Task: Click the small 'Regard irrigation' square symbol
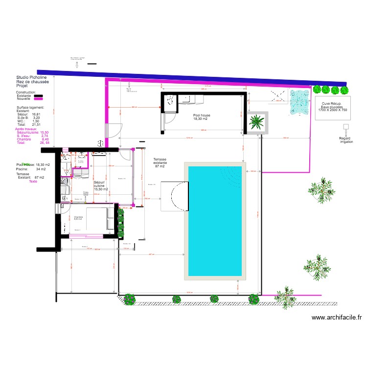click(345, 126)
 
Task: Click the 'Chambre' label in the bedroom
click(79, 217)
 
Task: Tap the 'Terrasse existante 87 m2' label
click(160, 163)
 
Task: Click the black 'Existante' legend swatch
click(38, 96)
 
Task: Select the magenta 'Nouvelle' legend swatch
click(38, 99)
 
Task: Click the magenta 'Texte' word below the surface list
click(33, 181)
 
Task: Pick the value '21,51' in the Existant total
click(36, 125)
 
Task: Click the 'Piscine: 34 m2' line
click(30, 169)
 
